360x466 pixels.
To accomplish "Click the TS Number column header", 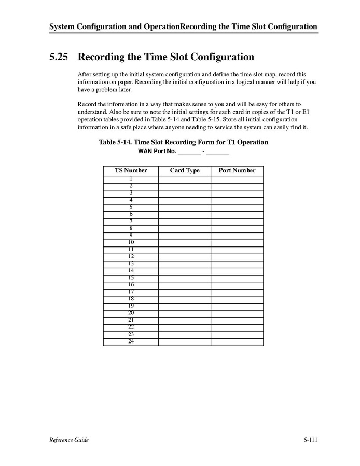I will click(131, 170).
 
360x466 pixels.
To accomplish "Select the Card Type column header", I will click(185, 170).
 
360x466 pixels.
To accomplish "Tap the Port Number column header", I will click(237, 170).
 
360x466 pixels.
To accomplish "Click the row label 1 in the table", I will click(131, 179).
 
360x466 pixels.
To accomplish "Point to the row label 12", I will click(131, 256).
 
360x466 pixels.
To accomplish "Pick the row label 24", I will click(131, 341).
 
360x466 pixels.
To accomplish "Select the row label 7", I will click(131, 221).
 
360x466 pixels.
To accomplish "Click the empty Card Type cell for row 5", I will click(185, 208).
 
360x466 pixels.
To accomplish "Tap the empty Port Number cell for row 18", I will click(237, 299).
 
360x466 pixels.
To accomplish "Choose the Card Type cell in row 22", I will click(185, 327).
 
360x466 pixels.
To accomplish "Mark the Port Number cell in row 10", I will click(237, 243).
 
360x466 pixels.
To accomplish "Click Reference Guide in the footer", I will click(69, 440).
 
